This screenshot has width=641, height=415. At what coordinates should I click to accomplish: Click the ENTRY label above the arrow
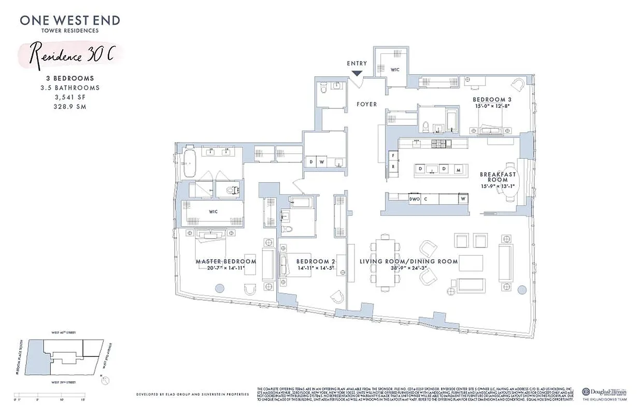pos(357,63)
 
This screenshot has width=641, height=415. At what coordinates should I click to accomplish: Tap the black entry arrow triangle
pos(357,74)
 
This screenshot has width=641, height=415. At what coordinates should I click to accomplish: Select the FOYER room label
pos(366,104)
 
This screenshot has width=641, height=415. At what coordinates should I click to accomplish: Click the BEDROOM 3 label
pos(492,100)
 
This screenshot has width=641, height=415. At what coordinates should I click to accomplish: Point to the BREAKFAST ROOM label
pos(498,177)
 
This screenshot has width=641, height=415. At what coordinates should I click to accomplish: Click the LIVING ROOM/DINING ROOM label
pos(409,261)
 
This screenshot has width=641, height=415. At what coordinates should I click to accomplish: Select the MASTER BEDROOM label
pos(226,261)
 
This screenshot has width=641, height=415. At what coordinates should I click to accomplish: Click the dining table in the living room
pos(385,261)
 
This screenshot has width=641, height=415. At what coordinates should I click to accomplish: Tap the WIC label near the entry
pos(394,69)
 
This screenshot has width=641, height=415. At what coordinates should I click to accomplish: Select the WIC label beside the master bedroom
pos(212,212)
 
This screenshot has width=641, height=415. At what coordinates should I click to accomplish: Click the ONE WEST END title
pos(70,21)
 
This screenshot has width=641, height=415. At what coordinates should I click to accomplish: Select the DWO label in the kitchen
pos(414,199)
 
